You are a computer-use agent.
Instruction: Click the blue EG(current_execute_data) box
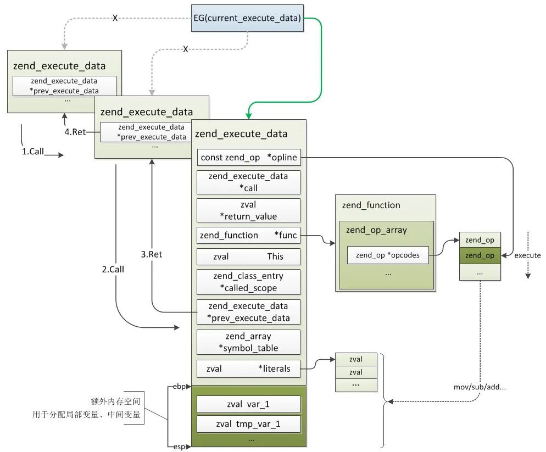247,18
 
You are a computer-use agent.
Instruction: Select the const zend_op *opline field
248,158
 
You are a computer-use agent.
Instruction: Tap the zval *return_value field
248,210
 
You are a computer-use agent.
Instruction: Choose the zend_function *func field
248,236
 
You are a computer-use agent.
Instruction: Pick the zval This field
248,256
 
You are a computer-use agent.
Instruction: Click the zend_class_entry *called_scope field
248,282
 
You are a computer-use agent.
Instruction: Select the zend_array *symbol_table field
248,342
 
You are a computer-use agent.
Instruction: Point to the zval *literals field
248,369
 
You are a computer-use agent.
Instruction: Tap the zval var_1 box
248,404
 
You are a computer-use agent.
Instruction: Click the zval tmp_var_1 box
248,425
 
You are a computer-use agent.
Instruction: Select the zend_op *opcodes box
388,255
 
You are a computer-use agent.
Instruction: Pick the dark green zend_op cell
480,255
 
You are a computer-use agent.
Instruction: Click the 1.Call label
33,152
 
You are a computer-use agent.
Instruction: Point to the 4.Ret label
75,132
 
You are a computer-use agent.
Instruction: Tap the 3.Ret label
152,254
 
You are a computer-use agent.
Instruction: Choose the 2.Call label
113,269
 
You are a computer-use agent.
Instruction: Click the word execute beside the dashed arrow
527,255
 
